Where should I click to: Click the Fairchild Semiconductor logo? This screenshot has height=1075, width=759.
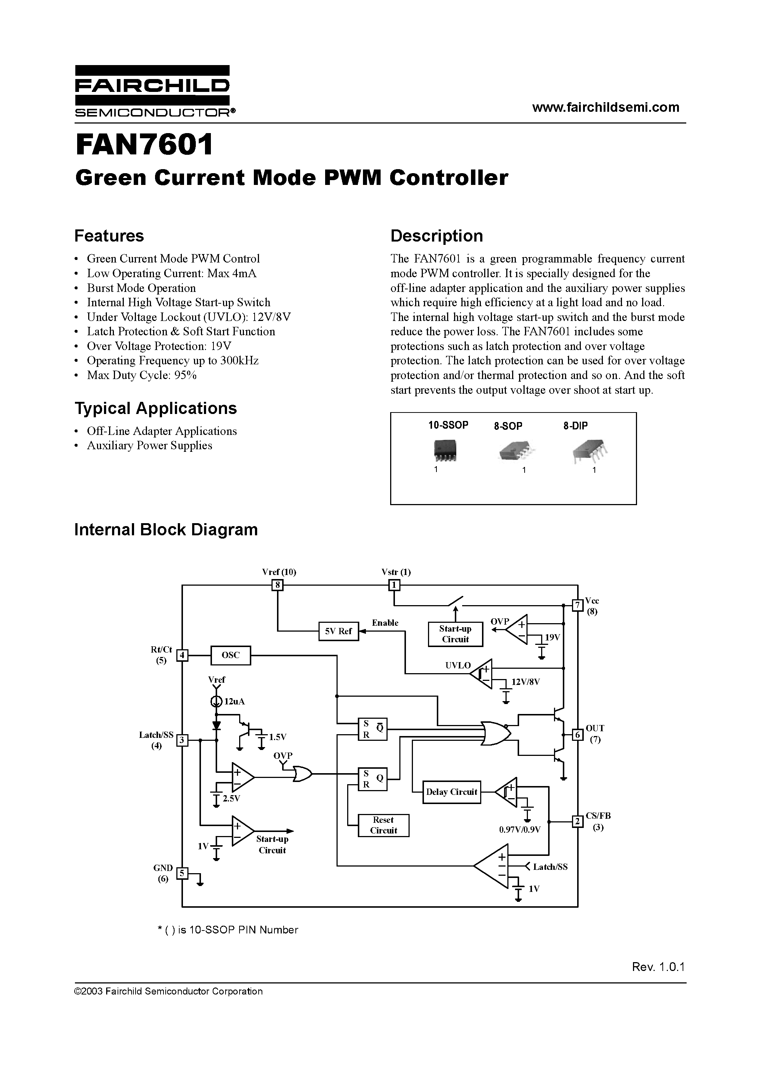152,91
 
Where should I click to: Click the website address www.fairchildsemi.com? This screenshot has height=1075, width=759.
605,107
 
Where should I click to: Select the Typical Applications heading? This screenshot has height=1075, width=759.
155,408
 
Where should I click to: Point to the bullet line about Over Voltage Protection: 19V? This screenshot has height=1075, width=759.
159,346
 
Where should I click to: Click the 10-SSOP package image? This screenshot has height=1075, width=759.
444,450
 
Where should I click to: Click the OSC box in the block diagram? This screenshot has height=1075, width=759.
230,655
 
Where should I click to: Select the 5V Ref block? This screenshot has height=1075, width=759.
338,631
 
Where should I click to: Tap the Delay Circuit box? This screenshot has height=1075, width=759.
451,792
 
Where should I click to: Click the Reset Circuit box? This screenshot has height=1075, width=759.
383,825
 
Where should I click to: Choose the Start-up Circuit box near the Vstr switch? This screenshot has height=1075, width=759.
455,634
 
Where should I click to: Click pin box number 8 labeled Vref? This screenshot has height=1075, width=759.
277,585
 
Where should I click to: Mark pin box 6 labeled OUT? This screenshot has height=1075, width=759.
578,735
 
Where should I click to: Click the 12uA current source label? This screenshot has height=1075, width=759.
234,701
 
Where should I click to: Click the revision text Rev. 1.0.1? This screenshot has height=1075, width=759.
658,967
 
